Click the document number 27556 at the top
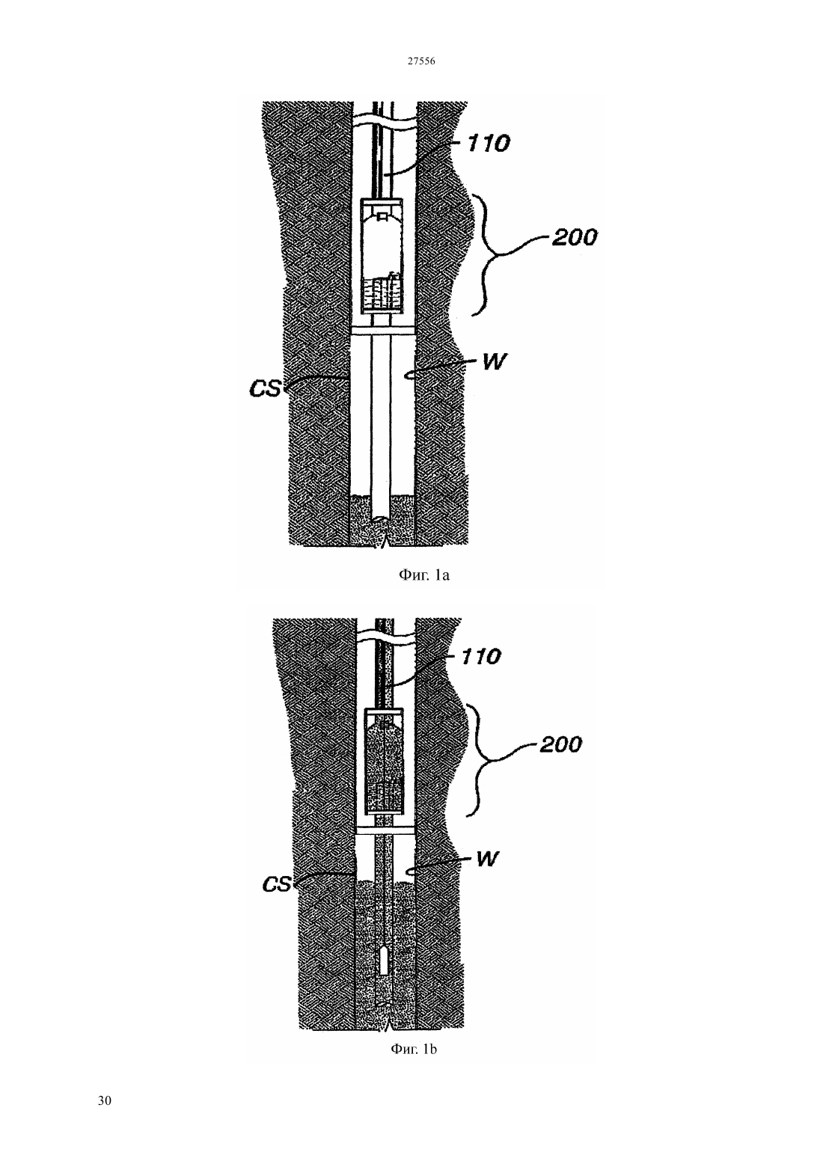click(x=420, y=61)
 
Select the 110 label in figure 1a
click(x=488, y=143)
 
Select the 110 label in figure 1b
click(x=480, y=657)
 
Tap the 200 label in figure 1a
click(x=574, y=237)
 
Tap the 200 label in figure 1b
click(x=560, y=744)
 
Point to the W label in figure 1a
click(x=494, y=361)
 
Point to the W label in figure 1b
click(x=487, y=859)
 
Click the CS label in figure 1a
click(x=265, y=389)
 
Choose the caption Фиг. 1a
click(x=423, y=575)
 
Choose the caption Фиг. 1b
click(x=414, y=1049)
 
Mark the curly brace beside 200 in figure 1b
click(x=479, y=759)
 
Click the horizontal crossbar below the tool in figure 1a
click(x=383, y=331)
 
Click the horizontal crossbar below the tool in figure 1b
click(x=385, y=830)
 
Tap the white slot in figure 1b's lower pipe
click(x=383, y=961)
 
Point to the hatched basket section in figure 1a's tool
click(x=382, y=293)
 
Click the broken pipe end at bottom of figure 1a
click(x=382, y=519)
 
